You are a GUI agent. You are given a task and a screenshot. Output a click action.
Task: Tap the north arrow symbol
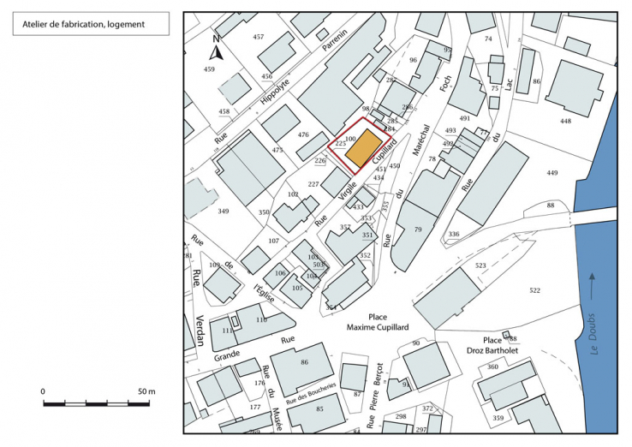pos(217,49)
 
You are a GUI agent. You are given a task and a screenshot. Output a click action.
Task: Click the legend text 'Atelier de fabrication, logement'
pos(79,24)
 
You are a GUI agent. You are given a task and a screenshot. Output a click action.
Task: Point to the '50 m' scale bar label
pos(145,391)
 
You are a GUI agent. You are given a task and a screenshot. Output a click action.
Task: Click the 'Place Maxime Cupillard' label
pos(378,322)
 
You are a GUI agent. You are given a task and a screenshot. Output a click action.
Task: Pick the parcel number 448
pos(565,121)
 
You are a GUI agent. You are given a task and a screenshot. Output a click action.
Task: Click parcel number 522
pos(535,291)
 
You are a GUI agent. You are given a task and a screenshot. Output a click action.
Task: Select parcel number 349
pos(223,210)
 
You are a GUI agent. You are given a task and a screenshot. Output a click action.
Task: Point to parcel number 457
pos(259,37)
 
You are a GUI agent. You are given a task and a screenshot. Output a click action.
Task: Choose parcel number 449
pos(552,173)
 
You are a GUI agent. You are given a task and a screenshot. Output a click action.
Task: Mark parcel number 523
pos(480,266)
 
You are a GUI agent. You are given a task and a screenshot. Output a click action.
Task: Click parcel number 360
pos(492,367)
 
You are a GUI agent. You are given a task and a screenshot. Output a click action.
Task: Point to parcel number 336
pos(454,234)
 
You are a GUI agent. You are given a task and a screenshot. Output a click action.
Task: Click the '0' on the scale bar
pos(43,391)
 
